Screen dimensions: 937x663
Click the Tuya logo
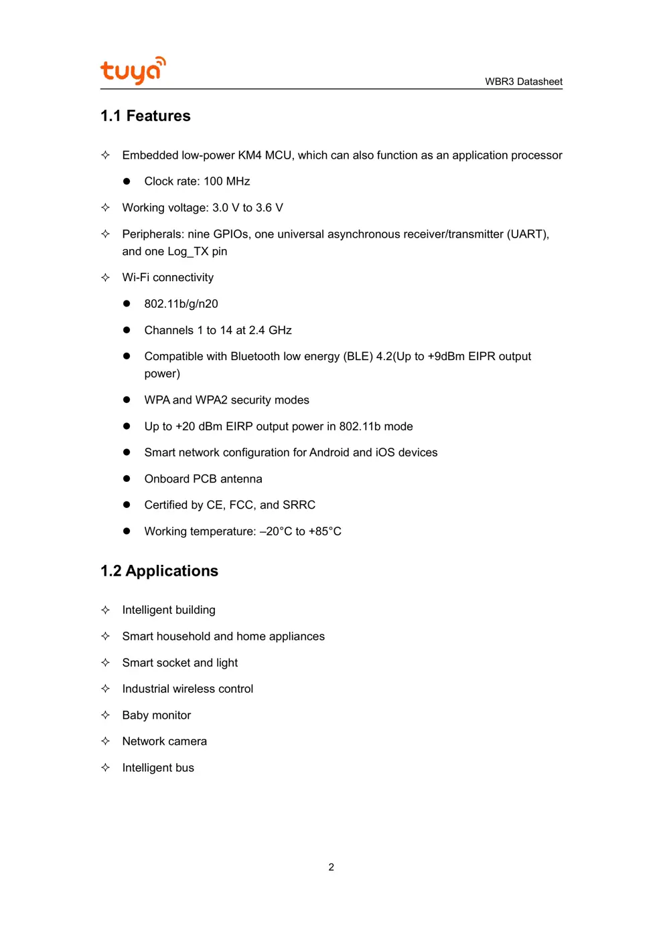132,70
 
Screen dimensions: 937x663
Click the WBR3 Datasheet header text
523,82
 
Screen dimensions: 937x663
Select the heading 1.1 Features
145,116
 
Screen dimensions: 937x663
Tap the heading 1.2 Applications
159,571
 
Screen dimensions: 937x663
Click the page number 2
331,867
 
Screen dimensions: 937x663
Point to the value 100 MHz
226,181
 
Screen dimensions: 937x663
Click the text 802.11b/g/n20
181,304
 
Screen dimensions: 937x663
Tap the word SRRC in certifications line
299,505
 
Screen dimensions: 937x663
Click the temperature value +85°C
325,531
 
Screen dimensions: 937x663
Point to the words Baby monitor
156,715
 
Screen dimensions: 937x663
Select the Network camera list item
164,742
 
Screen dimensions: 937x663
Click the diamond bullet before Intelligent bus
105,768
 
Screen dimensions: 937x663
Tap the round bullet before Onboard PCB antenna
127,479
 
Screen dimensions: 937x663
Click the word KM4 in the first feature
250,155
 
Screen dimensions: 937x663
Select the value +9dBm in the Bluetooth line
446,357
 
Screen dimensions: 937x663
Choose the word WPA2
211,400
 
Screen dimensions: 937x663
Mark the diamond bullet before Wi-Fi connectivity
105,277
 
